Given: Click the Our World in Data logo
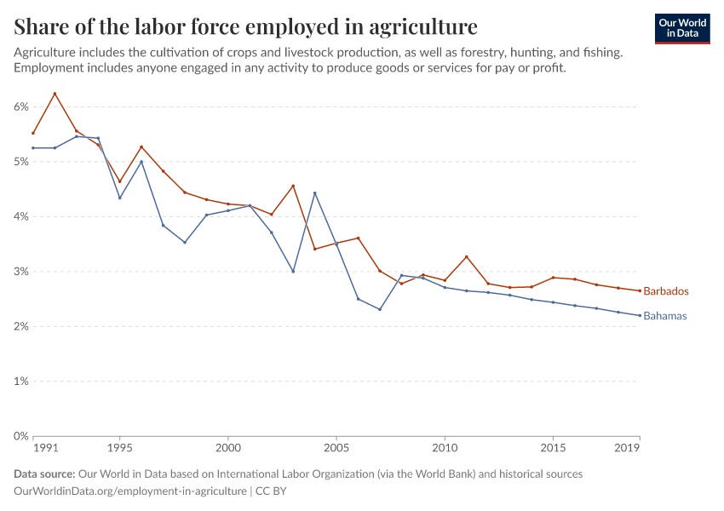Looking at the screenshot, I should coord(681,28).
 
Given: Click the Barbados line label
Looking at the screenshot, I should coord(665,291).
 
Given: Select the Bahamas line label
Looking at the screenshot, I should coord(664,316).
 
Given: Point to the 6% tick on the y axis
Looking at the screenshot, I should coord(20,106).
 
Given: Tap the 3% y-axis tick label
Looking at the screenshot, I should coord(20,272).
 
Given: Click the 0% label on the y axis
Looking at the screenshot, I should coord(20,436).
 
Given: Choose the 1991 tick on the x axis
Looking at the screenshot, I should coord(45,447).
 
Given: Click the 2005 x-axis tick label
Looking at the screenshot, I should coord(336,447).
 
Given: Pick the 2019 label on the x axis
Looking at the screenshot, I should coord(627,447).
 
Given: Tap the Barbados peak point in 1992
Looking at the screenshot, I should coord(55,94).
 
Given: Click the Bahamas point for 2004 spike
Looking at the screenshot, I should coord(315,192).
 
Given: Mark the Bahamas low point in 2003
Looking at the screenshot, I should coord(293,272).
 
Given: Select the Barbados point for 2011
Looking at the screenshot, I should coord(467,256).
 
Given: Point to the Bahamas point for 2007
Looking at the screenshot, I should coord(380,309).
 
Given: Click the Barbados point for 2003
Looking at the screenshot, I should coord(293,186).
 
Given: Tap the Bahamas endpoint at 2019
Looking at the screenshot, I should coord(640,315).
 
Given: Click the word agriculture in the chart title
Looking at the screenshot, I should coord(417,26).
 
